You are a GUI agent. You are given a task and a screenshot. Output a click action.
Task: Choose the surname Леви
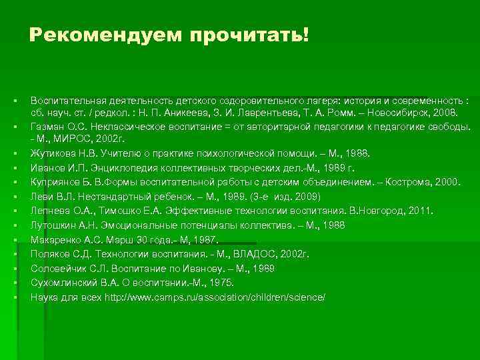point(40,197)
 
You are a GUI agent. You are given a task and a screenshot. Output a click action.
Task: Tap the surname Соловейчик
point(58,268)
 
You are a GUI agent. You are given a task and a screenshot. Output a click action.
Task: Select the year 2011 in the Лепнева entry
point(419,211)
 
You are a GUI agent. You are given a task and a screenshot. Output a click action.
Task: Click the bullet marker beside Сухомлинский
point(14,283)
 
